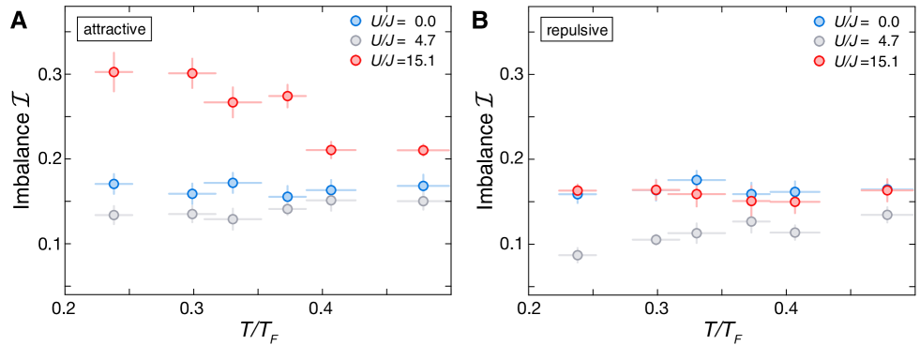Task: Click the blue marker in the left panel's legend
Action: pyautogui.click(x=355, y=21)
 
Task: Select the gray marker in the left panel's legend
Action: pyautogui.click(x=355, y=40)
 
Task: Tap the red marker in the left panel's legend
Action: pyautogui.click(x=355, y=60)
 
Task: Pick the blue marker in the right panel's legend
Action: pyautogui.click(x=819, y=22)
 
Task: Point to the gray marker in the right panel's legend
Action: pyautogui.click(x=819, y=41)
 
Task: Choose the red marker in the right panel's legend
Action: pyautogui.click(x=819, y=61)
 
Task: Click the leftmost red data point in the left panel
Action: pyautogui.click(x=113, y=72)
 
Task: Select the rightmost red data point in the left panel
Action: pyautogui.click(x=423, y=150)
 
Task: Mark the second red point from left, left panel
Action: pyautogui.click(x=192, y=73)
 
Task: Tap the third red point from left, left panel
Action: pyautogui.click(x=233, y=102)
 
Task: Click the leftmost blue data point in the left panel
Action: pyautogui.click(x=113, y=184)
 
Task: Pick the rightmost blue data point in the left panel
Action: pyautogui.click(x=423, y=186)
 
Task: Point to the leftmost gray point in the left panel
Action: pyautogui.click(x=113, y=215)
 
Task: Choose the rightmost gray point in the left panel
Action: pyautogui.click(x=423, y=201)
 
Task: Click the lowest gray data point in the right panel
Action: pyautogui.click(x=577, y=255)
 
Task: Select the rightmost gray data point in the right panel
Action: pyautogui.click(x=886, y=215)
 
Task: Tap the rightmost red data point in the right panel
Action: pyautogui.click(x=886, y=190)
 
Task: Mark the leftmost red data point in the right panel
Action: pyautogui.click(x=577, y=190)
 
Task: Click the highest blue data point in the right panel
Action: pyautogui.click(x=696, y=180)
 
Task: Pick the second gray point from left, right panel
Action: pyautogui.click(x=656, y=239)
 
